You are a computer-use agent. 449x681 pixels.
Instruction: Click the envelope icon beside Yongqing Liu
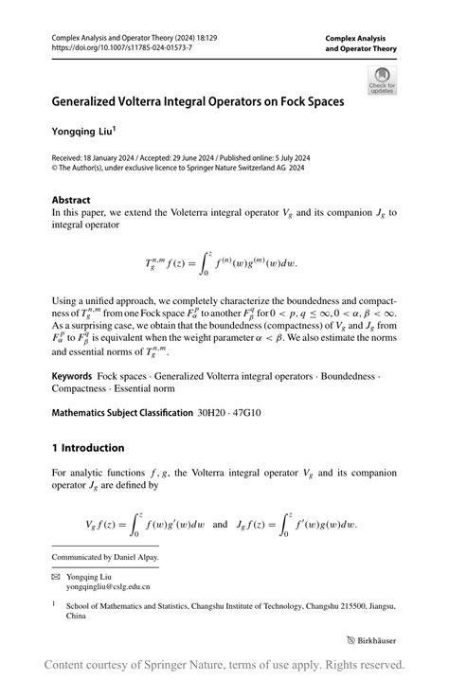(x=56, y=575)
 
